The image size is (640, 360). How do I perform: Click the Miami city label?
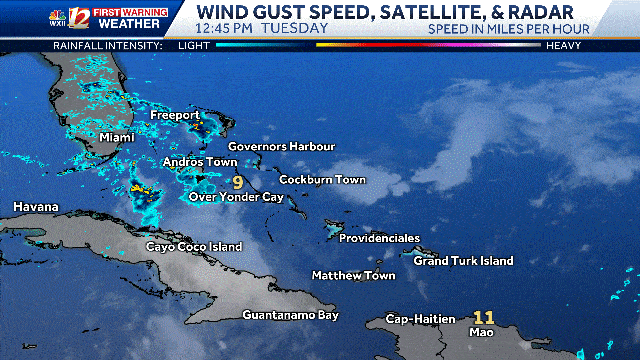pyautogui.click(x=117, y=137)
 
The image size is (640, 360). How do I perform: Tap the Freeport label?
pyautogui.click(x=176, y=116)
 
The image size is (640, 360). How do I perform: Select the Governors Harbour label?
pyautogui.click(x=281, y=146)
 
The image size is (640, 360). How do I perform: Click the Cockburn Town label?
pyautogui.click(x=322, y=180)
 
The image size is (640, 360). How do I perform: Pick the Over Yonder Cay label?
pyautogui.click(x=237, y=198)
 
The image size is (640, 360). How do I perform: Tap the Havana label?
pyautogui.click(x=36, y=207)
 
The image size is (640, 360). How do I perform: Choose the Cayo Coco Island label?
pyautogui.click(x=194, y=246)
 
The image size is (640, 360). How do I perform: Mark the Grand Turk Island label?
pyautogui.click(x=463, y=261)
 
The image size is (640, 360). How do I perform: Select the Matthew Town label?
pyautogui.click(x=353, y=275)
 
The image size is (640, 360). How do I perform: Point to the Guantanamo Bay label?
pyautogui.click(x=290, y=315)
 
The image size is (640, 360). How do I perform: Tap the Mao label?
pyautogui.click(x=480, y=333)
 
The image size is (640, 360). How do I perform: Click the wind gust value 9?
pyautogui.click(x=238, y=182)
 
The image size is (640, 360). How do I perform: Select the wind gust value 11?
pyautogui.click(x=484, y=317)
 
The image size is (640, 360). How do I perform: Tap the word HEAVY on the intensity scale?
pyautogui.click(x=565, y=46)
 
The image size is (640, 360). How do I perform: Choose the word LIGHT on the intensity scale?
pyautogui.click(x=194, y=46)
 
